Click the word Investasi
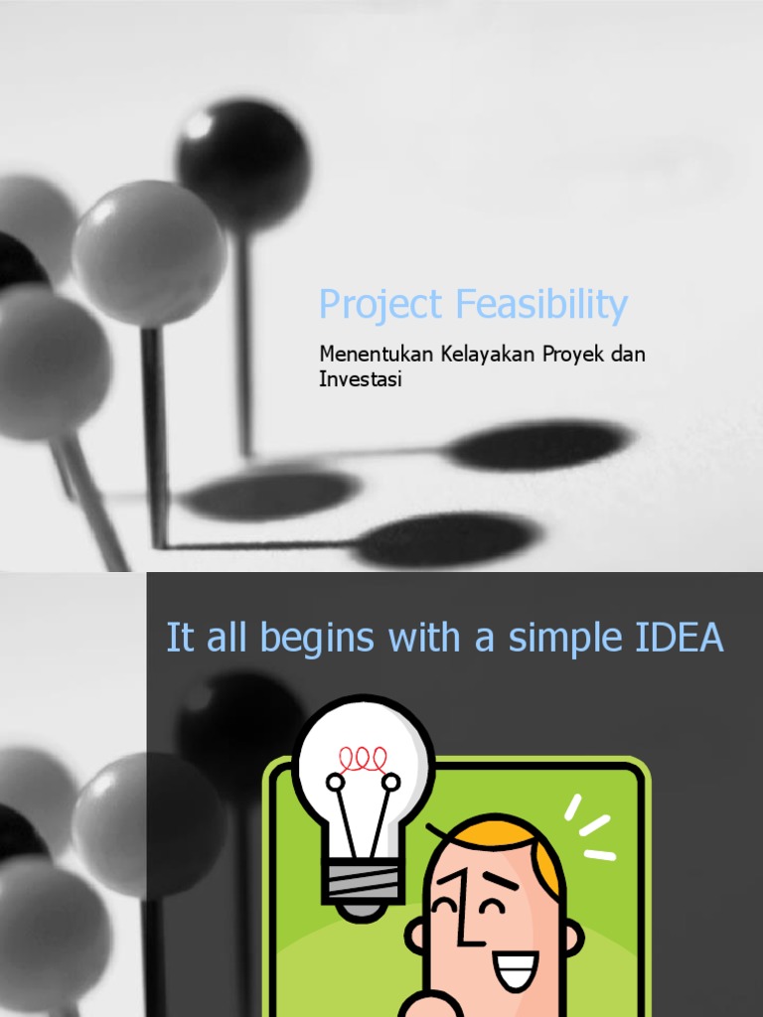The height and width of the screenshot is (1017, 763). pyautogui.click(x=360, y=379)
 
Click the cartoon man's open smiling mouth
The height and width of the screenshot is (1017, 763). pyautogui.click(x=515, y=969)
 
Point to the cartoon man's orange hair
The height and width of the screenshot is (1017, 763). pyautogui.click(x=517, y=839)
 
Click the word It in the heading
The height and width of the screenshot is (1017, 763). pyautogui.click(x=179, y=639)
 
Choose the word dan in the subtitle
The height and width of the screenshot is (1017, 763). pyautogui.click(x=629, y=355)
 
